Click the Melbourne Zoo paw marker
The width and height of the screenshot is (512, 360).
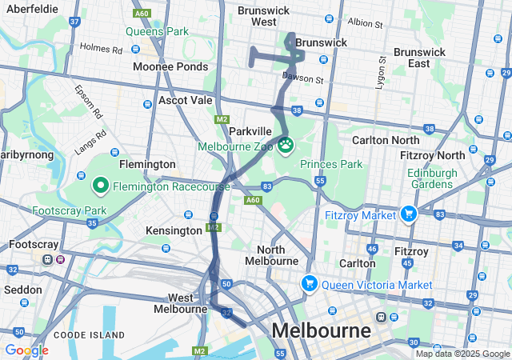point(286,145)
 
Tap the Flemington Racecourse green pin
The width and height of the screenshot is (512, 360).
point(101,186)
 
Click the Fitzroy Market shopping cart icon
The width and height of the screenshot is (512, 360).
point(408,214)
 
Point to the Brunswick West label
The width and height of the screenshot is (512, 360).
point(263,17)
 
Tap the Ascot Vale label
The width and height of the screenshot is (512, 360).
point(186,101)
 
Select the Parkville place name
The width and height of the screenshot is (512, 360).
point(251,130)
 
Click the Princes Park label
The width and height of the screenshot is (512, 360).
point(331,164)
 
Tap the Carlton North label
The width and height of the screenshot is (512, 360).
point(385,140)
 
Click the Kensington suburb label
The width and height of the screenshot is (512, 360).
point(174,230)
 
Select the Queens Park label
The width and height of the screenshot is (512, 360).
point(157,32)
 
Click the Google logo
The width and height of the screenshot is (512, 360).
point(26,350)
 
